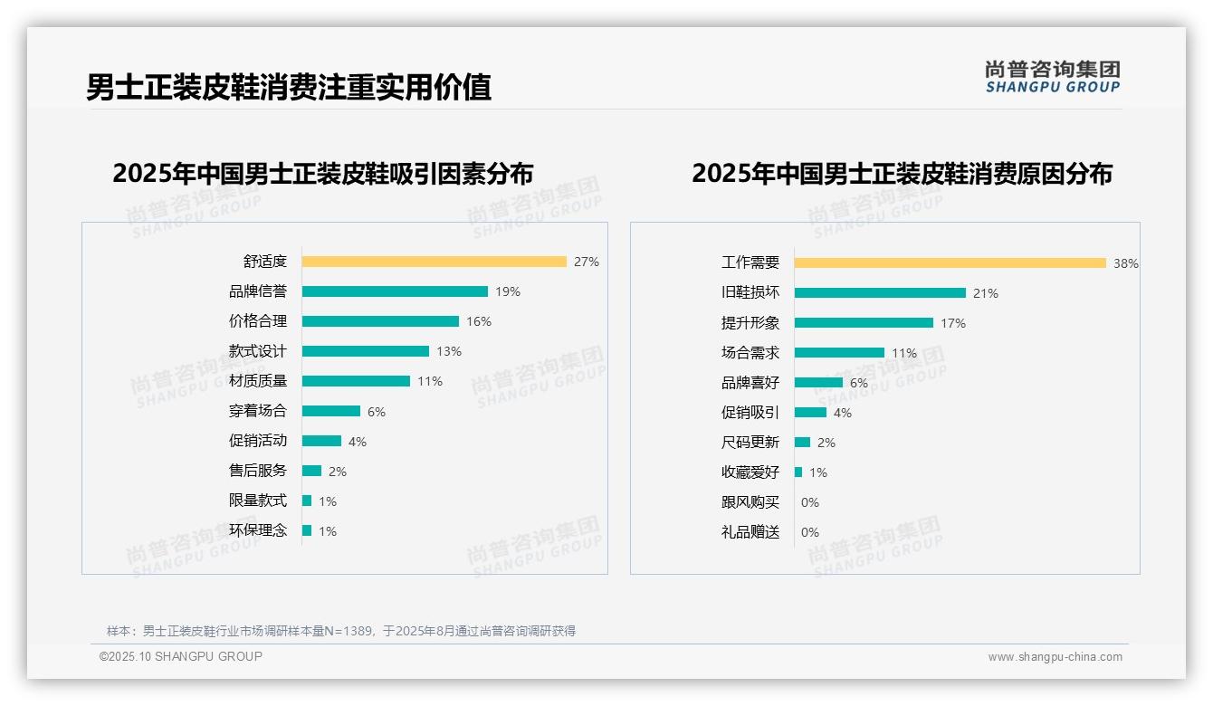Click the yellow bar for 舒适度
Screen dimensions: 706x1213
point(434,262)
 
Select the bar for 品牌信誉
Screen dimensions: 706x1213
point(395,291)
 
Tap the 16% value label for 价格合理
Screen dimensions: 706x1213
point(479,321)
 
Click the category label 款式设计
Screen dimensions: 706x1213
point(257,351)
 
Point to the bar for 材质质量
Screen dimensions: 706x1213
point(356,381)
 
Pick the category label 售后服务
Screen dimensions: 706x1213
point(257,471)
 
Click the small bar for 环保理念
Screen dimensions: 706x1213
point(307,530)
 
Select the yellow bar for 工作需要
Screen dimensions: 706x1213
point(950,263)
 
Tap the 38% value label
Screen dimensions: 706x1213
point(1126,263)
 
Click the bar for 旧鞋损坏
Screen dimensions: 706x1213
point(880,293)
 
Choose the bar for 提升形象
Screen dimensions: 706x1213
point(864,323)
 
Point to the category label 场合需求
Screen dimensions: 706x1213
point(750,353)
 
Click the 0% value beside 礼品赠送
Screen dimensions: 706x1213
point(810,532)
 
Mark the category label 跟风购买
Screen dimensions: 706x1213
point(750,502)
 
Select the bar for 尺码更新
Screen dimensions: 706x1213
point(802,443)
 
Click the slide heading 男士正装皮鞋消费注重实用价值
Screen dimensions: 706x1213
point(289,88)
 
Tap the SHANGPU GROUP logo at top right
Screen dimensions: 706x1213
point(1052,77)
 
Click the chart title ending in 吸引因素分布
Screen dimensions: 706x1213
point(323,173)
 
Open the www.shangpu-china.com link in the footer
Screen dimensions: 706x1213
point(1055,657)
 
